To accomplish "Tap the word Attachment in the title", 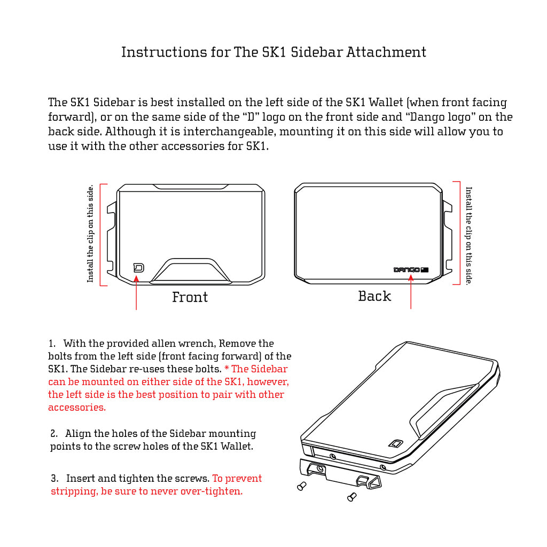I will point(387,52).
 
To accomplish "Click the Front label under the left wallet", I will point(190,297).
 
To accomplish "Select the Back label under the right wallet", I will point(374,296).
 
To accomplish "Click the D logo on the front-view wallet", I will point(138,268).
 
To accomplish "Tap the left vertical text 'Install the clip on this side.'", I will point(90,233).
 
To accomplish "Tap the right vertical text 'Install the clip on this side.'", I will point(468,235).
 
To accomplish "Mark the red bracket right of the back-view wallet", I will point(458,233).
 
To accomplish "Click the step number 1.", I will point(52,343).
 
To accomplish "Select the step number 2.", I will point(54,434).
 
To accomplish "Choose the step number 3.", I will point(54,479).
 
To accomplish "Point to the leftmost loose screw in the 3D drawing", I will point(301,486).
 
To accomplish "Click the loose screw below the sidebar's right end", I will point(351,497).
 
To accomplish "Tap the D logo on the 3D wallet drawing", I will point(395,443).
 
